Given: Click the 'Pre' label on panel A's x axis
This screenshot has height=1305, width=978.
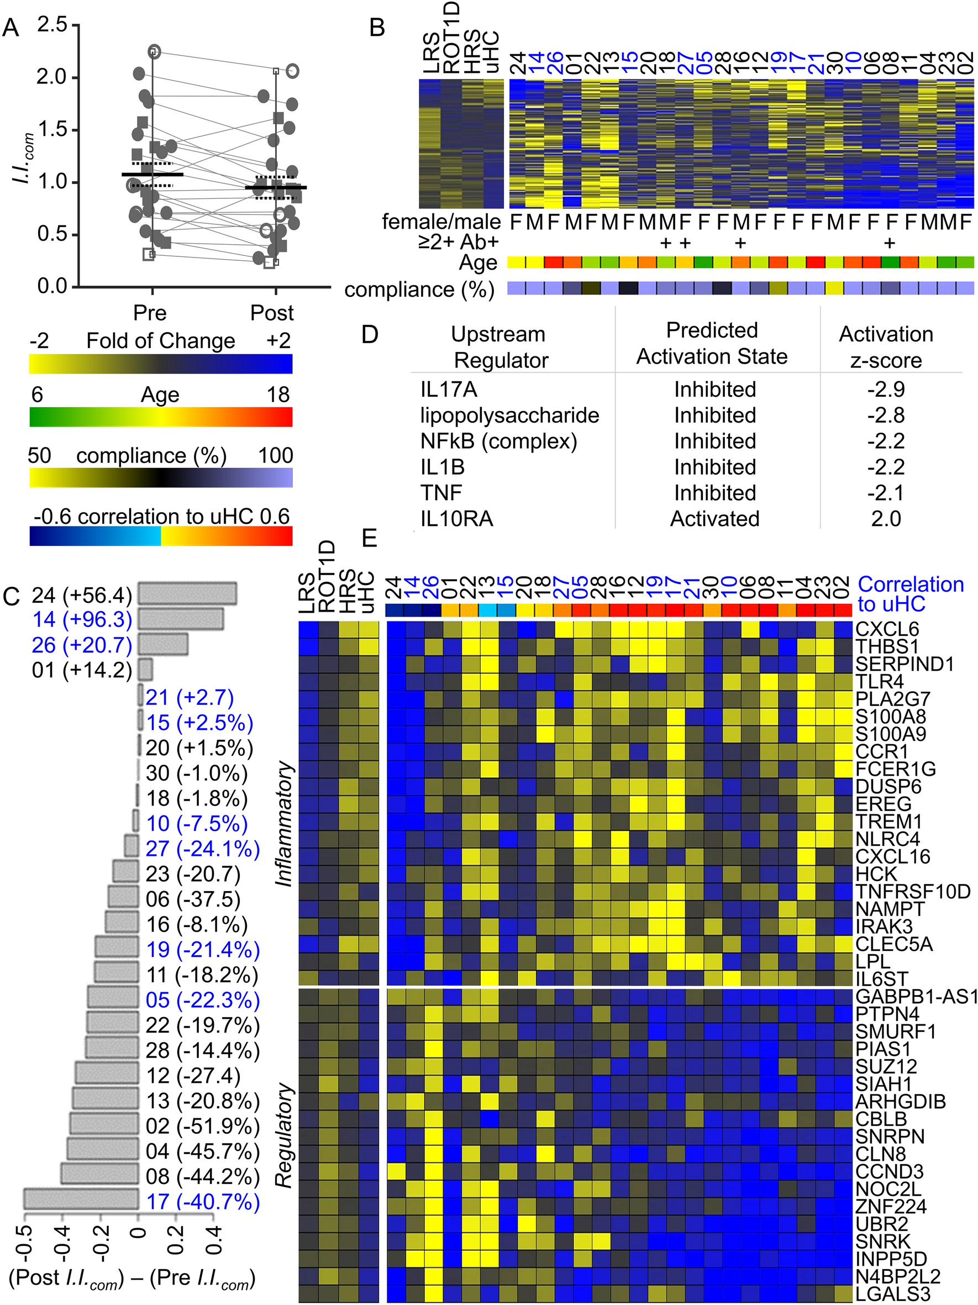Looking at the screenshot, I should (x=150, y=313).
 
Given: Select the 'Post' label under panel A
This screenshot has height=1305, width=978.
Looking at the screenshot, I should (x=272, y=313).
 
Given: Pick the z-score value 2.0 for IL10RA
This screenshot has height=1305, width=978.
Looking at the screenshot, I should (x=886, y=519).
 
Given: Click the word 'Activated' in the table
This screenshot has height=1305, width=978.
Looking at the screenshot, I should (x=714, y=519).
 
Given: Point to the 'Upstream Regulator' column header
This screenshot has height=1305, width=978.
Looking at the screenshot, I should (x=499, y=347).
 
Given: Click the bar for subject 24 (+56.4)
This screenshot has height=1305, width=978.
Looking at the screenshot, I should (x=187, y=594).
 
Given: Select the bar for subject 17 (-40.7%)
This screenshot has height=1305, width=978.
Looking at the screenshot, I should (x=81, y=1202).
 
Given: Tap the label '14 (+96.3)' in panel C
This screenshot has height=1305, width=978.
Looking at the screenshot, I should (x=82, y=619).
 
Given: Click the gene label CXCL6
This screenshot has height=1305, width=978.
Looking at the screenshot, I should (x=887, y=629).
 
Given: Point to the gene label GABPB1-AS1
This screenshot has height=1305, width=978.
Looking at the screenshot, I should (x=916, y=997).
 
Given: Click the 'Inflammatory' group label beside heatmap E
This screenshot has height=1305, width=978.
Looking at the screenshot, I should (x=285, y=824).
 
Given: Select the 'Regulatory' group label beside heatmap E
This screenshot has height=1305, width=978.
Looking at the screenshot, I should (x=285, y=1136).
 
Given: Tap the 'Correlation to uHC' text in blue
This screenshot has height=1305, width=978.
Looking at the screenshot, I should (x=910, y=594).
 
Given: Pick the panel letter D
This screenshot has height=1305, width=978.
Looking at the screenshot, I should (x=369, y=335).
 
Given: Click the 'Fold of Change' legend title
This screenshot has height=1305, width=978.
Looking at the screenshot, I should (x=160, y=341).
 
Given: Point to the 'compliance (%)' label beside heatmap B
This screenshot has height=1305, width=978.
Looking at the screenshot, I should (x=419, y=290).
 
